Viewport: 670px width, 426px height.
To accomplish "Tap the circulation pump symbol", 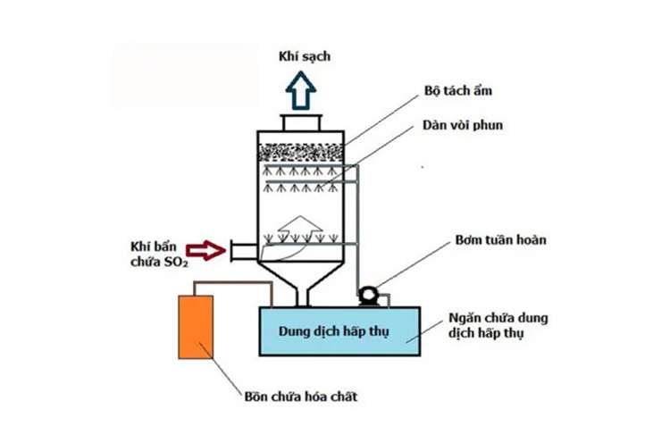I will click(367, 294).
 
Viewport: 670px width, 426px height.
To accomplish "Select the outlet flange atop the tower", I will click(302, 123).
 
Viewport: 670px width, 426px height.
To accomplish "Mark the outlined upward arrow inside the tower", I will click(302, 230).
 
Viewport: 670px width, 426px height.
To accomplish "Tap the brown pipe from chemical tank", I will click(232, 284).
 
